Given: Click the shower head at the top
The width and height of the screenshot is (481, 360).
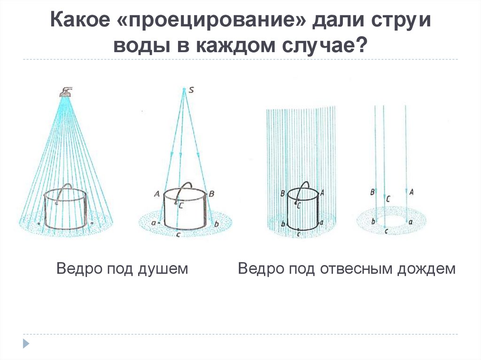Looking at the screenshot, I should [66, 91].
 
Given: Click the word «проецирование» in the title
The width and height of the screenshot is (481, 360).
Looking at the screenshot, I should [213, 22].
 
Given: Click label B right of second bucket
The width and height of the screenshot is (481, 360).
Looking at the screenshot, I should [211, 193].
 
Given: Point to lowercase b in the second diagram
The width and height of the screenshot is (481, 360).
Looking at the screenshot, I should [216, 224].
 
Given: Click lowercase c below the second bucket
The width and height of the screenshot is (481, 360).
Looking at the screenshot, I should [177, 234].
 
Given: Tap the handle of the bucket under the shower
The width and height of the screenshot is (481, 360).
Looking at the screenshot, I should [67, 188].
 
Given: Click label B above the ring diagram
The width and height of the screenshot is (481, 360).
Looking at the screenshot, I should [372, 191].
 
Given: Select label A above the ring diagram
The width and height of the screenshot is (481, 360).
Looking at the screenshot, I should [411, 191].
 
